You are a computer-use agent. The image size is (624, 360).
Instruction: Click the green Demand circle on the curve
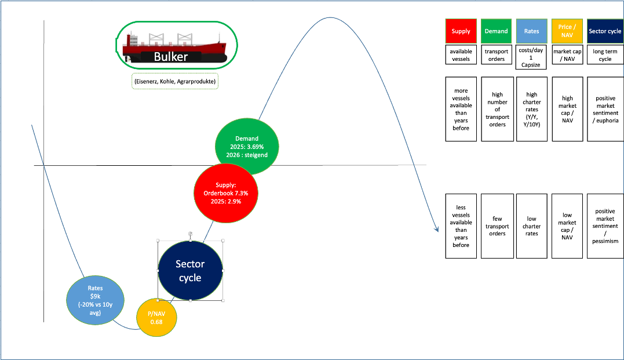(247, 147)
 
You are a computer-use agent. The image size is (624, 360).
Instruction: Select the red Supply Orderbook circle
(226, 193)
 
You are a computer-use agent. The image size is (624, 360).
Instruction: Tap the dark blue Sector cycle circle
(190, 271)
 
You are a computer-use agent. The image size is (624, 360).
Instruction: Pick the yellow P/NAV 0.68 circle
(156, 318)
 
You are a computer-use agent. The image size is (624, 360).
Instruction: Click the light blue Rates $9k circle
(95, 300)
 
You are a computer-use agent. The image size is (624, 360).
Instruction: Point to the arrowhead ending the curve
(437, 230)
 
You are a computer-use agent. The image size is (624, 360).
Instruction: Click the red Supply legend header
(461, 31)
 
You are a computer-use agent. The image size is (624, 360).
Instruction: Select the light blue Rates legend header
(531, 31)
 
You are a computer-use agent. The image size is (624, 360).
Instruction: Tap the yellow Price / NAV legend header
(567, 31)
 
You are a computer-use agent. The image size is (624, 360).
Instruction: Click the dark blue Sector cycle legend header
(605, 31)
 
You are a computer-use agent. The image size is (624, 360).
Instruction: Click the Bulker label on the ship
(171, 57)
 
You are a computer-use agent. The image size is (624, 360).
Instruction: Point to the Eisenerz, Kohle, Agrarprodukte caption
(175, 82)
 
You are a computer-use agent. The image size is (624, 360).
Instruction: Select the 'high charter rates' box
(531, 109)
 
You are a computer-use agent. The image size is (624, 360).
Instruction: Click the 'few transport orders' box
(497, 226)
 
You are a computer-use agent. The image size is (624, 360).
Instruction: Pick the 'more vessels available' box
(461, 109)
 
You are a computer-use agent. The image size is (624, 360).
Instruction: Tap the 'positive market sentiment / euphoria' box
(605, 109)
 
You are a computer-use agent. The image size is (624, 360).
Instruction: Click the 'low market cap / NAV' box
(567, 226)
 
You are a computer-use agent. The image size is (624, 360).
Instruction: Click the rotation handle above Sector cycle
(190, 233)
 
